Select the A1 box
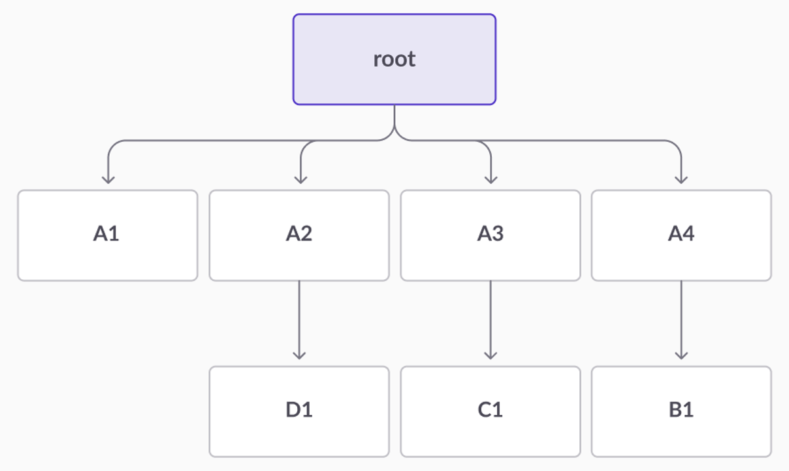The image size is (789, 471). pyautogui.click(x=107, y=235)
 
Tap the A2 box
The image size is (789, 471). pyautogui.click(x=299, y=235)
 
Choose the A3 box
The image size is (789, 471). pyautogui.click(x=490, y=235)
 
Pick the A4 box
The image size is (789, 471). pyautogui.click(x=681, y=235)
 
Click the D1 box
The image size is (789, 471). pyautogui.click(x=299, y=411)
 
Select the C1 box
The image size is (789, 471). pyautogui.click(x=490, y=411)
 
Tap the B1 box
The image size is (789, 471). pyautogui.click(x=681, y=411)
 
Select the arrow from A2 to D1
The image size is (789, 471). pyautogui.click(x=299, y=319)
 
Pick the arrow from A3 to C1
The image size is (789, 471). pyautogui.click(x=490, y=319)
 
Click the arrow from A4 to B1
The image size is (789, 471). pyautogui.click(x=681, y=319)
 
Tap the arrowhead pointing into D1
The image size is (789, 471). pyautogui.click(x=299, y=355)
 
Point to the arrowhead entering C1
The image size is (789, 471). pyautogui.click(x=490, y=355)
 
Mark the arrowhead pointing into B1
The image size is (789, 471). pyautogui.click(x=681, y=355)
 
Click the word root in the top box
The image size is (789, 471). pyautogui.click(x=394, y=59)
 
